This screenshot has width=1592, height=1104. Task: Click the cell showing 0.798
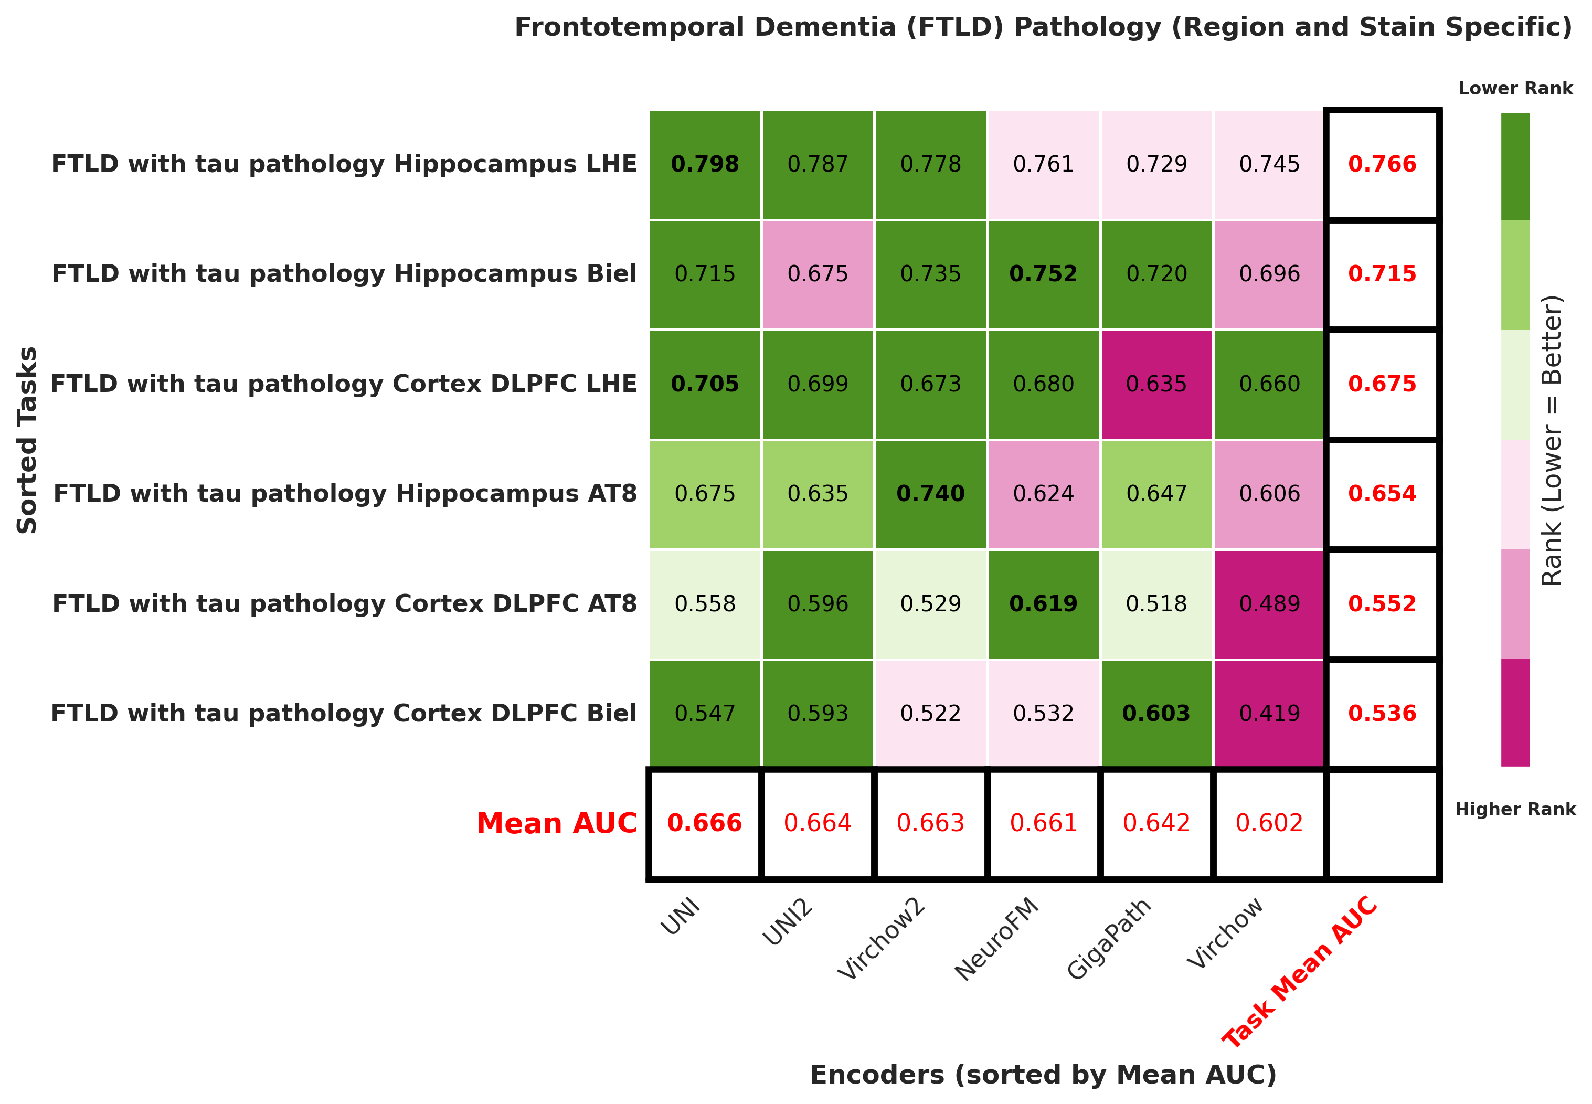[705, 165]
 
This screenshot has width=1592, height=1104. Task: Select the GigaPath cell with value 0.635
[1156, 384]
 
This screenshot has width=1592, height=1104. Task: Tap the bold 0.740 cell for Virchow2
[930, 494]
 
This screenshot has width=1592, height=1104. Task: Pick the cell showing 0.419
[1269, 713]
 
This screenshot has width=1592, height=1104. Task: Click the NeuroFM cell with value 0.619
[1043, 604]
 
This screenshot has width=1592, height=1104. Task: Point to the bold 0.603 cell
[1156, 713]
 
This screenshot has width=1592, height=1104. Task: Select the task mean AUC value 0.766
[1382, 165]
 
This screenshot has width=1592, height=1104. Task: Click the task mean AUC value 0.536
[1382, 713]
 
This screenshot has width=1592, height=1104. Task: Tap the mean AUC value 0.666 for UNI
[705, 823]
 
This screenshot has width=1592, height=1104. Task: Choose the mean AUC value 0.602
[1269, 823]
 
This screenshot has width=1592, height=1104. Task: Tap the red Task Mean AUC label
[1300, 971]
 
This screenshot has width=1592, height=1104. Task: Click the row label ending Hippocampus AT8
[344, 494]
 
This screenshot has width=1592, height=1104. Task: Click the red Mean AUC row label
[556, 823]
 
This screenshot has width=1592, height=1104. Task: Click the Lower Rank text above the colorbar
[1515, 89]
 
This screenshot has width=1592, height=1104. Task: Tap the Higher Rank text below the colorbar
[1515, 809]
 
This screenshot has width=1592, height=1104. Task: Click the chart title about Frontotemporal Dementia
[1043, 28]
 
